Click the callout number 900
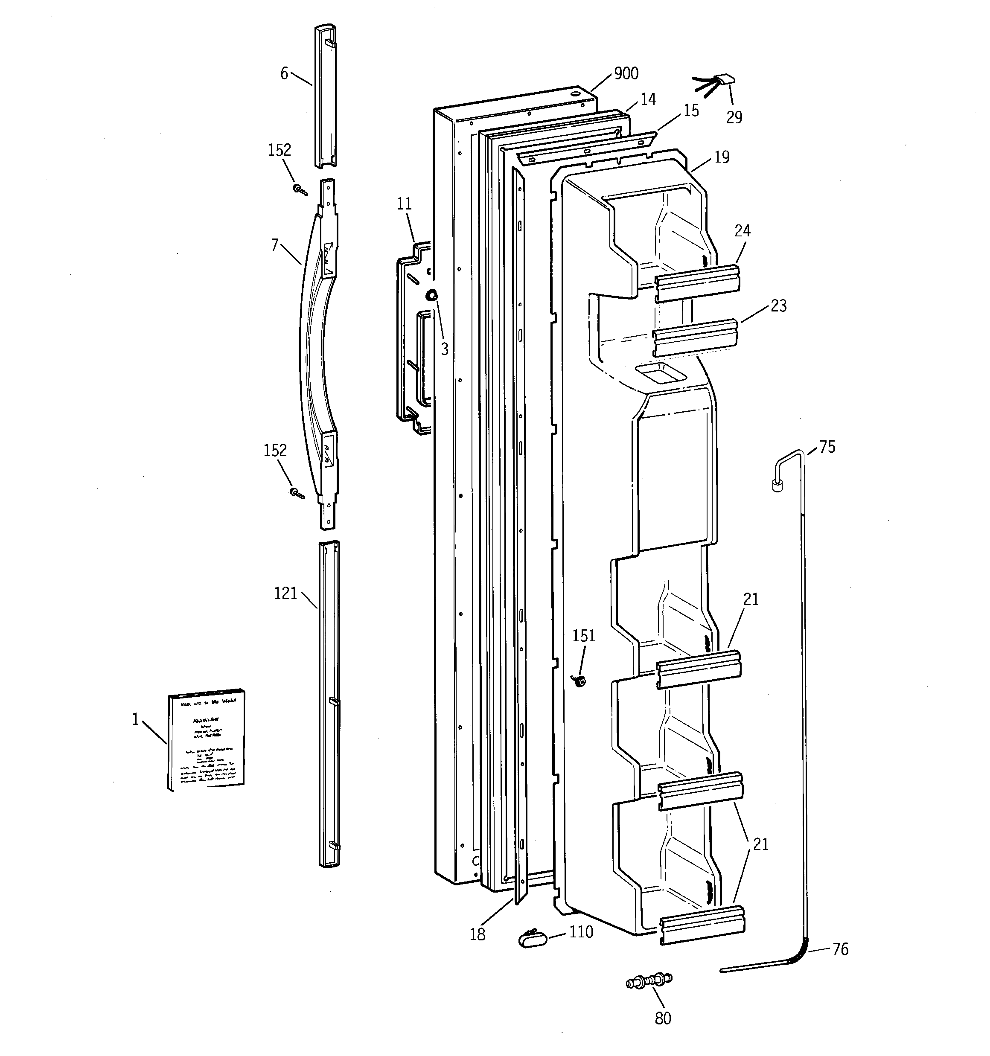[x=626, y=73]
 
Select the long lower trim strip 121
[x=329, y=707]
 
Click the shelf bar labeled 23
[x=695, y=337]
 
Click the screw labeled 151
[x=581, y=681]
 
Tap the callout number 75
[x=827, y=447]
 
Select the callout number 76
[x=840, y=949]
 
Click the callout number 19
[x=722, y=157]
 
